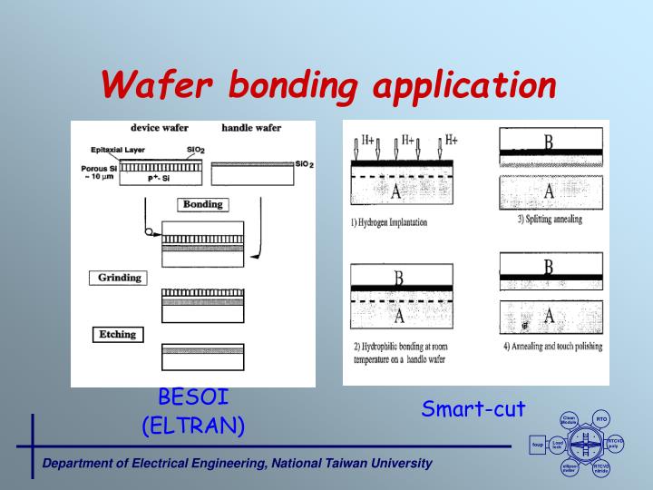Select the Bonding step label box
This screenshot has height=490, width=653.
pos(202,204)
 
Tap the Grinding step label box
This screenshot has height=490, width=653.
pos(118,278)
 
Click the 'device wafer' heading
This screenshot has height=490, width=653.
pos(159,128)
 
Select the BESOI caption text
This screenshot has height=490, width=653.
pos(193,397)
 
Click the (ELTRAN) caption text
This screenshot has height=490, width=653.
pos(193,425)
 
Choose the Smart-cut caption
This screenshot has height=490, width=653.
pos(473,409)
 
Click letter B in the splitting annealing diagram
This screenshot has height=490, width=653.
pos(548,142)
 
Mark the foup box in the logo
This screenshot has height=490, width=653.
pos(537,445)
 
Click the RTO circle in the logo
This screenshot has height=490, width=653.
pos(600,418)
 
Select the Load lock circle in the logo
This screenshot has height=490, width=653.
pos(558,445)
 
